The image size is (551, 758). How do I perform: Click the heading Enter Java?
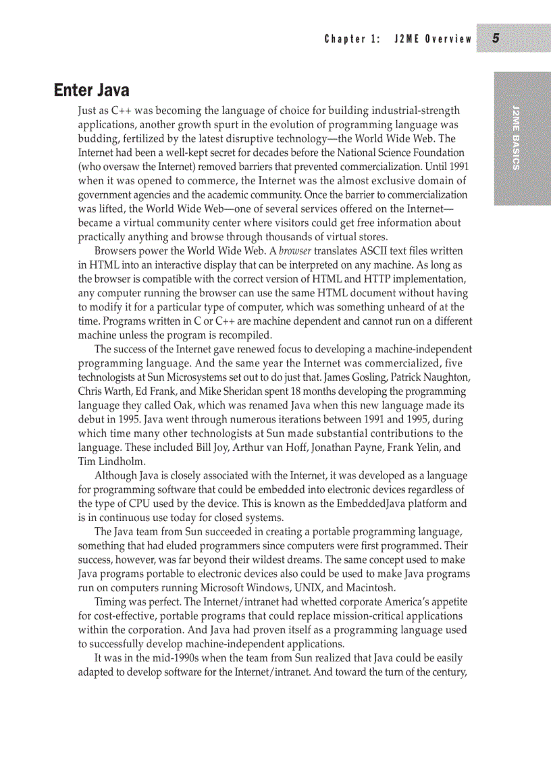[91, 90]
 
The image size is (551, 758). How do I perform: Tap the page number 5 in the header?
[496, 38]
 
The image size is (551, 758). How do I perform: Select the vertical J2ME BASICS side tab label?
[515, 138]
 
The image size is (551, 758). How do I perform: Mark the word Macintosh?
[369, 588]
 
